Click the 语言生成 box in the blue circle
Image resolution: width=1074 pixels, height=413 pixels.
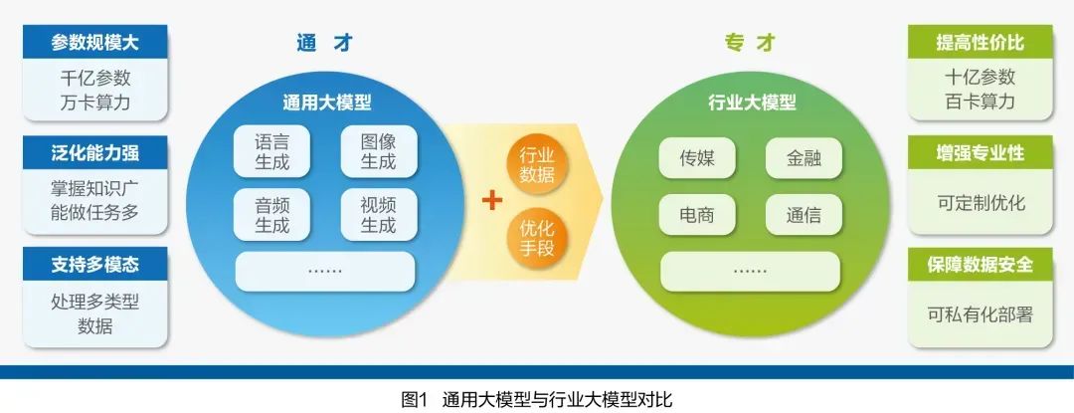[271, 151]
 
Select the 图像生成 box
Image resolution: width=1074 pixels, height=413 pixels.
[379, 151]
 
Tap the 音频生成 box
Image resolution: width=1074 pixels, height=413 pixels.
[271, 215]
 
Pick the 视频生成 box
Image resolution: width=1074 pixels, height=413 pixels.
[379, 215]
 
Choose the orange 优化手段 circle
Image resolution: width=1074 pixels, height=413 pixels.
[537, 238]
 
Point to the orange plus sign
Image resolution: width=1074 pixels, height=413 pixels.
[491, 200]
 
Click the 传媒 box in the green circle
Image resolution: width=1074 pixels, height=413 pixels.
[695, 157]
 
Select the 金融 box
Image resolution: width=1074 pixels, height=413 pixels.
[804, 157]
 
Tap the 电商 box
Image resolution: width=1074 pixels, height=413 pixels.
[695, 215]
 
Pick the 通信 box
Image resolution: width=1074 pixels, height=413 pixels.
[804, 215]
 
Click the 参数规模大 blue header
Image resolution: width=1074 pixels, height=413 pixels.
[95, 43]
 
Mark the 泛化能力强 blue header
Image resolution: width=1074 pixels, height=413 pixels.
[95, 153]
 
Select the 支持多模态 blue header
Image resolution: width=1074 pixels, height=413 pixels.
[95, 265]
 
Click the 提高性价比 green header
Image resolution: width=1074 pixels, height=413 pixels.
[980, 43]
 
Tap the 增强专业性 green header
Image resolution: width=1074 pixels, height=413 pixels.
[980, 153]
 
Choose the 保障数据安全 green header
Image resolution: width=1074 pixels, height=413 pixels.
[980, 265]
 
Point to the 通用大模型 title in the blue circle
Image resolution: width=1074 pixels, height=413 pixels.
[327, 103]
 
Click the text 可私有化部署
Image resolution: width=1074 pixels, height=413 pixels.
[980, 313]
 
